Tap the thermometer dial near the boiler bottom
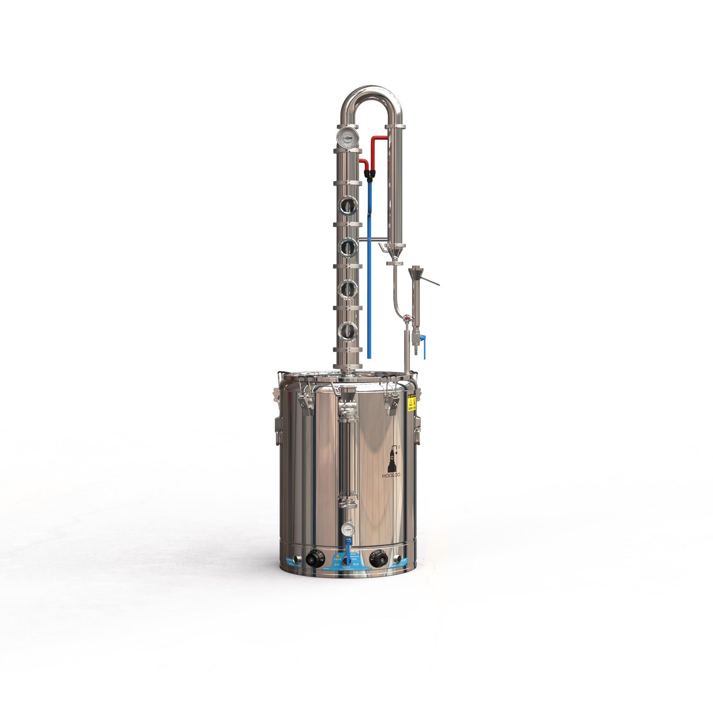pyautogui.click(x=348, y=529)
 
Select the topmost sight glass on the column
pyautogui.click(x=348, y=205)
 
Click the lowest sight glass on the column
pyautogui.click(x=348, y=331)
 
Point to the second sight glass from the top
pyautogui.click(x=348, y=247)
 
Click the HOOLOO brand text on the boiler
pyautogui.click(x=391, y=475)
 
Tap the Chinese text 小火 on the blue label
pyautogui.click(x=337, y=565)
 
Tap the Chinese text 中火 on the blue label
pyautogui.click(x=356, y=565)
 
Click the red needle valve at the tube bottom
pyautogui.click(x=407, y=317)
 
